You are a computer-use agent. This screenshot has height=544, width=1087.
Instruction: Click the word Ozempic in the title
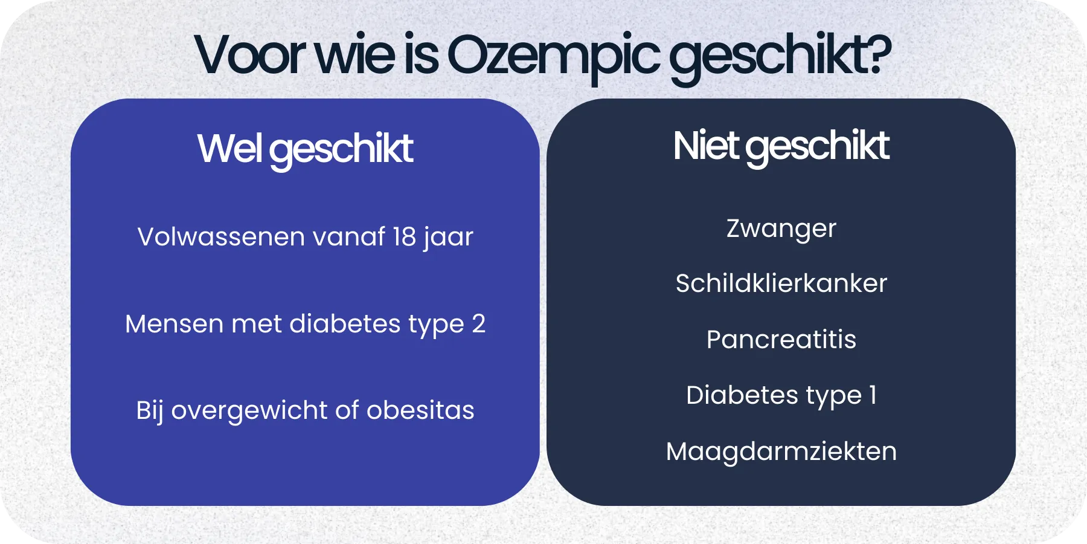coord(553,56)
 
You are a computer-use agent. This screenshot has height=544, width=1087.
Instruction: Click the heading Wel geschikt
coord(305,149)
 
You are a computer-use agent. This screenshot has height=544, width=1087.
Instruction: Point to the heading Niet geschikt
coord(781,146)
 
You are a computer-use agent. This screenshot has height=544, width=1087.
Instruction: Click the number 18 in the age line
coord(404,236)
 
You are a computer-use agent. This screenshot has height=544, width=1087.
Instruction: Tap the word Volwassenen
coord(221,236)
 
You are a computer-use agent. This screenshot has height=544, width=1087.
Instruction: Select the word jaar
coord(448,238)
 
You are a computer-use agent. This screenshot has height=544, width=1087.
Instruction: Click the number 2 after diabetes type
coord(478,323)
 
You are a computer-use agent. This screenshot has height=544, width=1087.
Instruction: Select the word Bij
coord(149,411)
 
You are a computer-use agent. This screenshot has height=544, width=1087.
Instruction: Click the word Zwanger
coord(781,228)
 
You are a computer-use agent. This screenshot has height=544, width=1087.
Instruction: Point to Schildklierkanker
coord(781,283)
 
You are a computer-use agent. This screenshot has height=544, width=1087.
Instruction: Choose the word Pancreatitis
coord(781,339)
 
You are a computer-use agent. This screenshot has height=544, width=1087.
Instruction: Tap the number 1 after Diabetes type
coord(873,395)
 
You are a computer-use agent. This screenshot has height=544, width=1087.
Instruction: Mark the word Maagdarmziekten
coord(781,451)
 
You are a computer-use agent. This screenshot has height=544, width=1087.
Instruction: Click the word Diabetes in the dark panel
coord(742,395)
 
